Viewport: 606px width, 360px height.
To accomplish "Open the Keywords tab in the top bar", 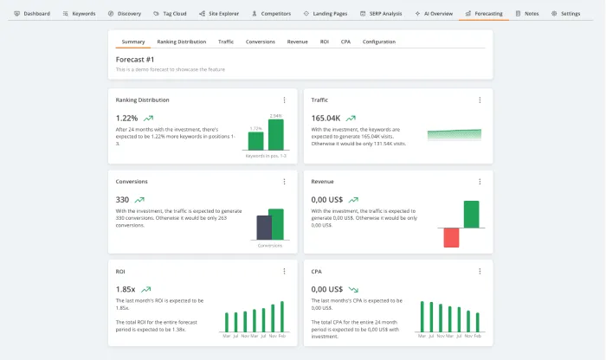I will [80, 14].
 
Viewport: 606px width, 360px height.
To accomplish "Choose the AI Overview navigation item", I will [434, 14].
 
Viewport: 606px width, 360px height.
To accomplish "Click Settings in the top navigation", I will [566, 14].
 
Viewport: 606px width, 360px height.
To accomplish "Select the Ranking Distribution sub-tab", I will [181, 42].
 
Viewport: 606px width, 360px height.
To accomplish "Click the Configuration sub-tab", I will [378, 42].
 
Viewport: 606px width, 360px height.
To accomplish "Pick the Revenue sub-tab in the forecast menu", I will [297, 42].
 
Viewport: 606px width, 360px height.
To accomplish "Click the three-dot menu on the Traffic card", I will [480, 100].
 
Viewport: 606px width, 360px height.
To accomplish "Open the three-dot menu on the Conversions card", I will [284, 182].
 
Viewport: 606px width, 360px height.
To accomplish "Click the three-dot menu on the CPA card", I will [480, 271].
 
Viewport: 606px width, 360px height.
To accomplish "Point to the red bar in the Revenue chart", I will [451, 237].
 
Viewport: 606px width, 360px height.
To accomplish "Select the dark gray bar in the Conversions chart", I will [262, 228].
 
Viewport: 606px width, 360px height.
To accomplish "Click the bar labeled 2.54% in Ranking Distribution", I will [275, 134].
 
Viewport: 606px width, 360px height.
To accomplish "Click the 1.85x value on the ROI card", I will [126, 288].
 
